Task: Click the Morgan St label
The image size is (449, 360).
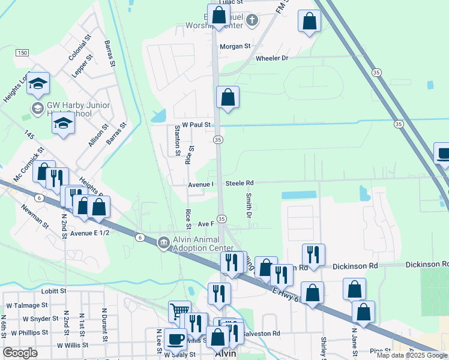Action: point(235,46)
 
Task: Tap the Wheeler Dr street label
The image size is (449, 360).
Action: point(272,58)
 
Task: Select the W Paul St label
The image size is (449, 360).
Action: point(196,125)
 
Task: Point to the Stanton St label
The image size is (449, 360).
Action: point(178,141)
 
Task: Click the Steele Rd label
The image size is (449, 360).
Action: point(240,183)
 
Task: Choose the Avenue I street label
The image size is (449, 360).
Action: point(200,184)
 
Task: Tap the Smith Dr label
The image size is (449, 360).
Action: point(247,205)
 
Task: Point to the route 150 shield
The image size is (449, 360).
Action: point(22,53)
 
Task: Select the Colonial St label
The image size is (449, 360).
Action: point(79,47)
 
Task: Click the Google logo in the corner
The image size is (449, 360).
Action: point(20,353)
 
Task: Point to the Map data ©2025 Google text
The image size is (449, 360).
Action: point(412,355)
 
